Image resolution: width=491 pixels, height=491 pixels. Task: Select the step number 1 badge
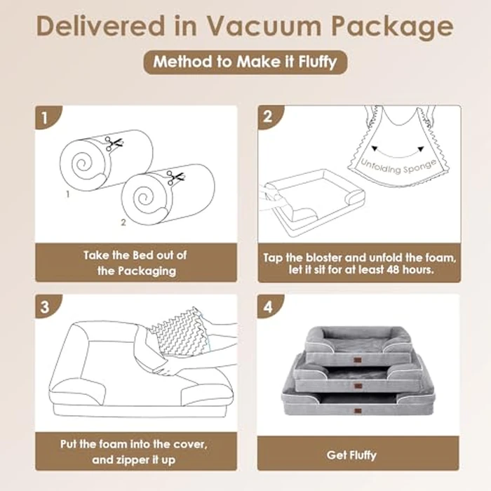point(45,118)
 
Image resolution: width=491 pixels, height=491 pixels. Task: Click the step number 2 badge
point(267,118)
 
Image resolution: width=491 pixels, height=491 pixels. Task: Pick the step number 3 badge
point(45,307)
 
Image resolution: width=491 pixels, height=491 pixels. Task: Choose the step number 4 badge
point(267,307)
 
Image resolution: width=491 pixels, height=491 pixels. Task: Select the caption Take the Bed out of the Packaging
point(135,262)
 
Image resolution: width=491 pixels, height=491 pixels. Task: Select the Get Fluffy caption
point(358,455)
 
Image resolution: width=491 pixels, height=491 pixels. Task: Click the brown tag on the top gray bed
point(357,344)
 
